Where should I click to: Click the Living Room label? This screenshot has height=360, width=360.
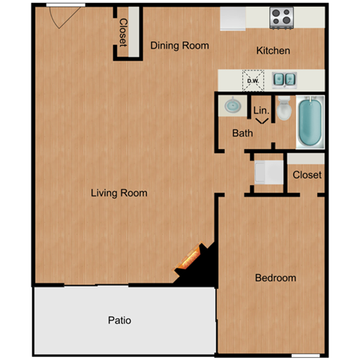[x=118, y=193]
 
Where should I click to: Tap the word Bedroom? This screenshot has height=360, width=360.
[x=275, y=277]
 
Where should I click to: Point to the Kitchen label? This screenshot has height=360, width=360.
[x=273, y=51]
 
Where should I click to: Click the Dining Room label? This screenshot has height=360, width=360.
[x=179, y=46]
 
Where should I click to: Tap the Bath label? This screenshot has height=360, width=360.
[x=242, y=133]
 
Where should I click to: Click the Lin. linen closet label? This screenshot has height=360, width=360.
[x=261, y=110]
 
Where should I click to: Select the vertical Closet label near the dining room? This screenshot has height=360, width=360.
[x=123, y=31]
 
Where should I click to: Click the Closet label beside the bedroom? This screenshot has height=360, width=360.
[x=307, y=175]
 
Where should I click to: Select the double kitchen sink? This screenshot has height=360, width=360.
[x=283, y=78]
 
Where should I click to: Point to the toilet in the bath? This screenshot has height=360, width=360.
[x=283, y=109]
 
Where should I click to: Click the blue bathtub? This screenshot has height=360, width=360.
[x=310, y=122]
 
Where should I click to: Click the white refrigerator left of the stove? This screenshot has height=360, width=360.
[x=233, y=19]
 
